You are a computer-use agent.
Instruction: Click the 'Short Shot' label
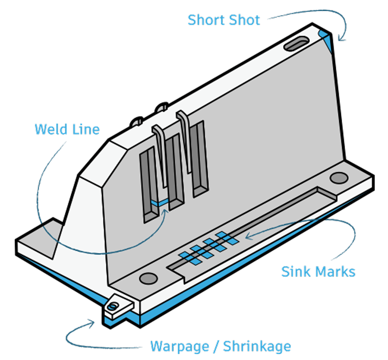[224, 20]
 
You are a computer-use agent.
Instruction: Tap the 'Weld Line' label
[67, 129]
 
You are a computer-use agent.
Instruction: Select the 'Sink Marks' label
[318, 271]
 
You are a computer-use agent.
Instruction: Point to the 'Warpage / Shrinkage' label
[221, 347]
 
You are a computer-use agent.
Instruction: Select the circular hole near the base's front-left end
[147, 279]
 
